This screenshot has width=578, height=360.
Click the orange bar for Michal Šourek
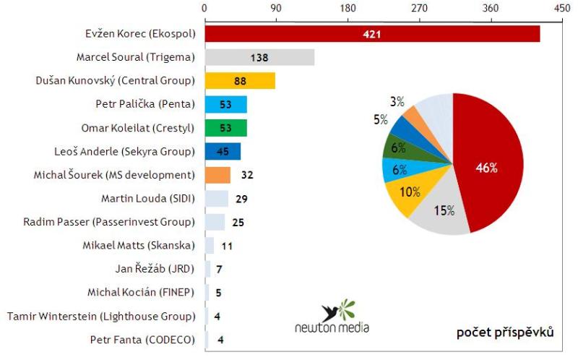[x=217, y=175]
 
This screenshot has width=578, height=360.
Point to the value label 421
[x=372, y=34]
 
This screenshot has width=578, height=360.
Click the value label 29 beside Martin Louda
[x=243, y=198]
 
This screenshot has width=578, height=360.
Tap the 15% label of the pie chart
[x=444, y=210]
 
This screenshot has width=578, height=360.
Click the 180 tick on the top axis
[x=348, y=8]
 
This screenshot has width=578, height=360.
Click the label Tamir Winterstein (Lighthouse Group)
[x=101, y=316]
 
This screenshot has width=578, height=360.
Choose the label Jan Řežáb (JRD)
[x=155, y=268]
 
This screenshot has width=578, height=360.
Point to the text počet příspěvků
[x=505, y=332]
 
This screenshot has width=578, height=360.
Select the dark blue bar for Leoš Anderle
[x=223, y=151]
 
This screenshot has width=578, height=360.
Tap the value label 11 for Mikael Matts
[x=226, y=245]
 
